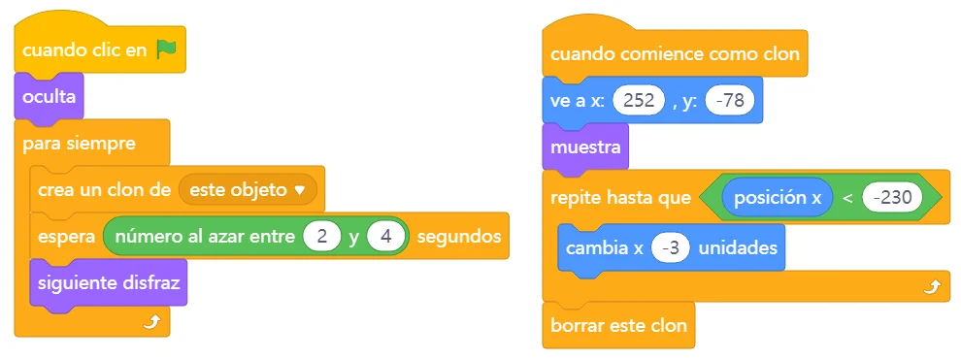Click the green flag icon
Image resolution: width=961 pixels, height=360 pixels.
tap(166, 49)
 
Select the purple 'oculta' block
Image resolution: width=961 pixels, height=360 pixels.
tap(50, 97)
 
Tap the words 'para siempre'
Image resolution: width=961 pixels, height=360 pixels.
tap(79, 145)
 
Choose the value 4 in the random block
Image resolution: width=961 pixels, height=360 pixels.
tap(385, 237)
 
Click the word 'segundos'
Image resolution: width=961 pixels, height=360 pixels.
tap(459, 237)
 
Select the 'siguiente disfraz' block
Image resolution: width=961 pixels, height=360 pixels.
tap(109, 283)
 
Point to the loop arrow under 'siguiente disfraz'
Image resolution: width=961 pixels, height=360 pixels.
tap(150, 323)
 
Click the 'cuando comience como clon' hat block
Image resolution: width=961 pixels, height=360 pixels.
tap(675, 54)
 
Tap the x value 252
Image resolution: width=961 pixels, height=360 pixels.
tap(638, 100)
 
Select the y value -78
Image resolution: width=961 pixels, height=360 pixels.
tap(729, 100)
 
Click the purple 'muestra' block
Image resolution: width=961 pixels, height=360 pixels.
tap(586, 147)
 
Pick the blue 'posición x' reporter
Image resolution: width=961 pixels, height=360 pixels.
tap(777, 197)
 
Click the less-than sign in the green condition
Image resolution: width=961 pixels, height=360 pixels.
tap(847, 198)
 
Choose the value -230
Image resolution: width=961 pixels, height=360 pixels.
tap(892, 197)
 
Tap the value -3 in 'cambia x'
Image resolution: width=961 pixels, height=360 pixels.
tap(671, 247)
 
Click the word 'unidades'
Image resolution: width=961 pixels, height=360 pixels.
tap(738, 247)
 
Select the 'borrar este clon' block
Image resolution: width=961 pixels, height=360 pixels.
tap(618, 325)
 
